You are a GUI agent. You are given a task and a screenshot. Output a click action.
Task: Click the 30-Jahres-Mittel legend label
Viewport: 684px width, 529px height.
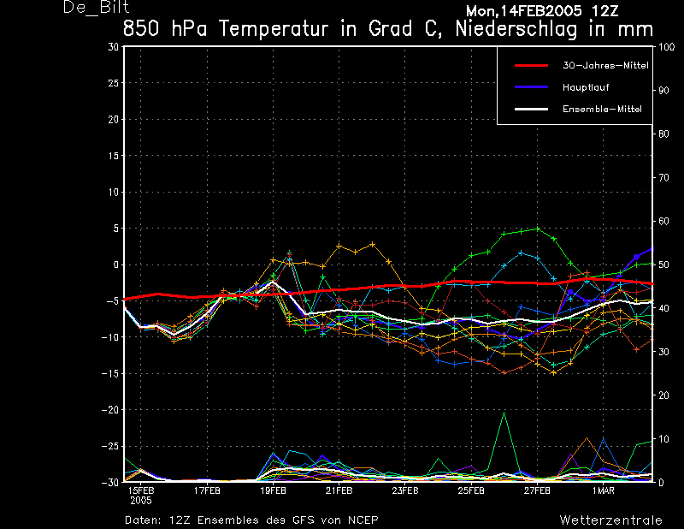click(x=605, y=66)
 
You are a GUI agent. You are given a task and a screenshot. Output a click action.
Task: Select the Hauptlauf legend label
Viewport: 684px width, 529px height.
click(x=586, y=87)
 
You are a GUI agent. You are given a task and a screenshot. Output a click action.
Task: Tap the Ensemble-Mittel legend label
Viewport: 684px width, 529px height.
click(x=602, y=109)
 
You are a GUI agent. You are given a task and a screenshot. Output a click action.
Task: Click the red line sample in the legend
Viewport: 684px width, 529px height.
click(x=531, y=66)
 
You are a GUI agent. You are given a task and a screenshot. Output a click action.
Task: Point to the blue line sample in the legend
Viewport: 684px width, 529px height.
click(x=531, y=87)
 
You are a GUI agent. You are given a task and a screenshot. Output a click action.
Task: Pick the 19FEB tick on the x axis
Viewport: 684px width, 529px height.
click(x=273, y=490)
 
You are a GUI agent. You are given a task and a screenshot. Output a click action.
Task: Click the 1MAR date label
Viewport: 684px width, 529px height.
click(x=604, y=490)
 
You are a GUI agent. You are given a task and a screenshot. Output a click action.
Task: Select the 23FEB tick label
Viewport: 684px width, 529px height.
click(x=405, y=490)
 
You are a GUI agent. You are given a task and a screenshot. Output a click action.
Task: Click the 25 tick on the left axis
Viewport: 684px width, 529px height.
click(x=114, y=83)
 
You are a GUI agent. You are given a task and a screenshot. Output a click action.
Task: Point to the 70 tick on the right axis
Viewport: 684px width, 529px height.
click(x=663, y=178)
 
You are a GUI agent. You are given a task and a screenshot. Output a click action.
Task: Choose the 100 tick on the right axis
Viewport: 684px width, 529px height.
click(x=666, y=47)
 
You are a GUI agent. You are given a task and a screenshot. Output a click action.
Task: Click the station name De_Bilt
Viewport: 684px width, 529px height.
click(x=96, y=8)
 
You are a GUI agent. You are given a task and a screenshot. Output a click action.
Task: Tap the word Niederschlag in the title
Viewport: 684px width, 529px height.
click(x=516, y=29)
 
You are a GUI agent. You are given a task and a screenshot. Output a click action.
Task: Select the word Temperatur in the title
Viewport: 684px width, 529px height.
click(x=274, y=29)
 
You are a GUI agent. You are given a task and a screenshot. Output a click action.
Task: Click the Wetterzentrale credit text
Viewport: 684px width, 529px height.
click(x=610, y=520)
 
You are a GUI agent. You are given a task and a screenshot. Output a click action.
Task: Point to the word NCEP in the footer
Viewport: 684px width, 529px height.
click(x=363, y=520)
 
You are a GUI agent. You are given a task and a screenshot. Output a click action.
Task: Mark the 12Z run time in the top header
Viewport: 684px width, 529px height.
click(x=604, y=11)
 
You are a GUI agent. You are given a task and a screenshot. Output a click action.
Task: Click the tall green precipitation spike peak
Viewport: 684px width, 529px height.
click(x=504, y=412)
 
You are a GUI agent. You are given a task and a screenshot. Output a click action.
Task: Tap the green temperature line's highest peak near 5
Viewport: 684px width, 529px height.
click(x=538, y=229)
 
